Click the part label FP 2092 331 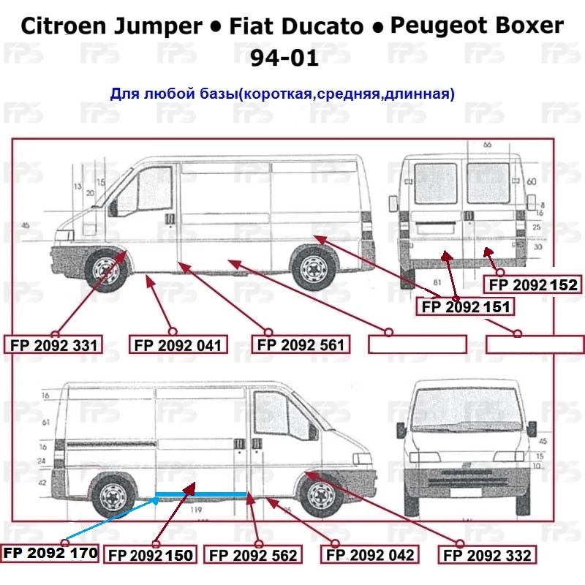[x=55, y=344]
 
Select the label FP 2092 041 [x=177, y=344]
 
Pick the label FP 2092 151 [x=465, y=307]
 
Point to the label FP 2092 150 [x=151, y=556]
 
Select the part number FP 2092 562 [x=253, y=556]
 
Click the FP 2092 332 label [x=487, y=556]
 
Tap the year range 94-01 [x=284, y=58]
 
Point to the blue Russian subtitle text [x=282, y=94]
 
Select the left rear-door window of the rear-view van [x=435, y=183]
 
